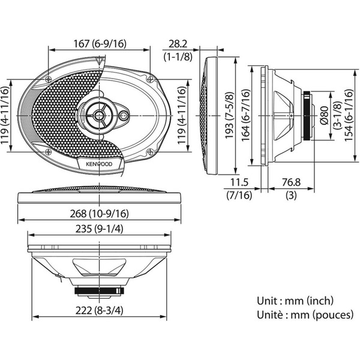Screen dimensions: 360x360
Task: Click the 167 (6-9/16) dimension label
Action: click(x=99, y=43)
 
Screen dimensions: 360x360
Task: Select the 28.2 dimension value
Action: click(x=177, y=44)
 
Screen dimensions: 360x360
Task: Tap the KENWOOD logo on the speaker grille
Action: click(x=99, y=162)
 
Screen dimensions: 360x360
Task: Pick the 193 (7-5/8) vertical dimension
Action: click(x=229, y=113)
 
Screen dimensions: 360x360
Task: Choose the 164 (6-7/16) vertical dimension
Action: click(x=245, y=113)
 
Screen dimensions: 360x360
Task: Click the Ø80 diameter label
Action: click(x=323, y=113)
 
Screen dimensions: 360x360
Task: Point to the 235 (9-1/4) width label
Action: click(x=99, y=229)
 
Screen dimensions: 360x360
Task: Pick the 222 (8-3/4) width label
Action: click(x=99, y=310)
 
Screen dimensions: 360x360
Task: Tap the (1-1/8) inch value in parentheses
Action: click(x=177, y=56)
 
